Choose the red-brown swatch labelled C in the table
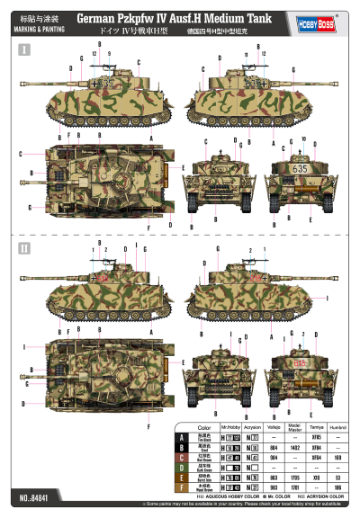tap(184, 456)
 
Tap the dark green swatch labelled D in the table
tap(184, 466)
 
